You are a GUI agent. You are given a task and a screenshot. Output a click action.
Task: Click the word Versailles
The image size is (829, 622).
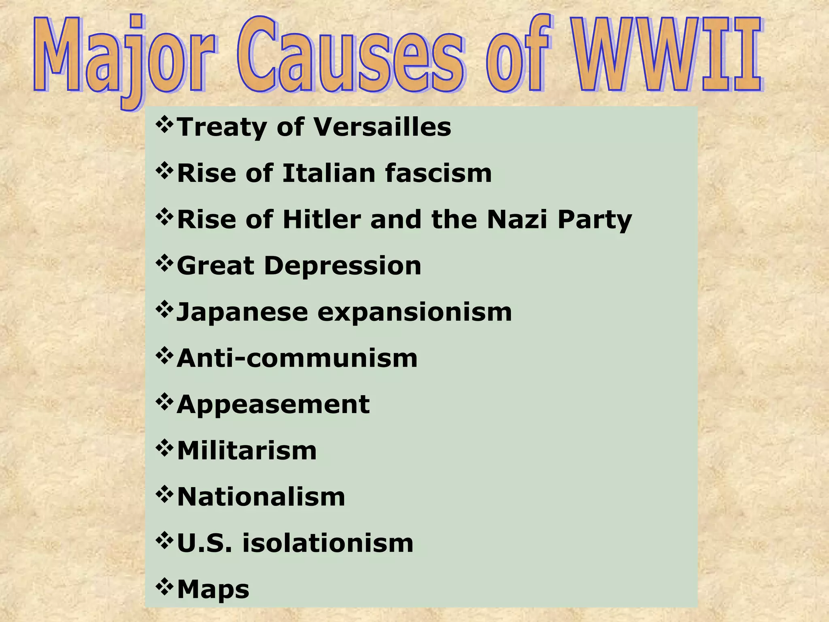tap(383, 127)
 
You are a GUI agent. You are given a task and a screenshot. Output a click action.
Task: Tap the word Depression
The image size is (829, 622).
tap(342, 266)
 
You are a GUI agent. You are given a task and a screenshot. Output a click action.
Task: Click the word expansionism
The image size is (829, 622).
tap(414, 313)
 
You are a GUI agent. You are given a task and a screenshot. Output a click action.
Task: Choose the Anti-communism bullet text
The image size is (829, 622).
tap(297, 358)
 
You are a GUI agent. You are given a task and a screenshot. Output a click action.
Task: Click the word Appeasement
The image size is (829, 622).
tap(273, 405)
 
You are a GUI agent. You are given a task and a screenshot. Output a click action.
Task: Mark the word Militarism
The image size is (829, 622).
tap(247, 451)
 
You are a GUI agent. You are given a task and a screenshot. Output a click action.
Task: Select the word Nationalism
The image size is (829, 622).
tap(261, 497)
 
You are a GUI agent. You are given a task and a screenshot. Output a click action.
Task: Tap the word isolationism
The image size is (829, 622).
tap(328, 543)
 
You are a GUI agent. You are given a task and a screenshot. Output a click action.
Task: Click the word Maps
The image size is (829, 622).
tap(213, 590)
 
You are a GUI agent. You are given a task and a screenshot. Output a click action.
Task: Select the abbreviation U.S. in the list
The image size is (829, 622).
tap(205, 543)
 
